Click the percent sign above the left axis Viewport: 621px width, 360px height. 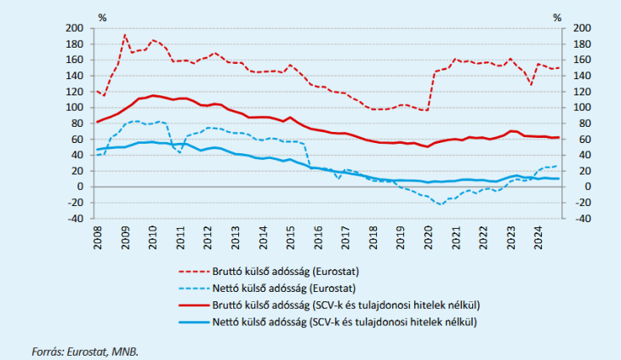coord(102,16)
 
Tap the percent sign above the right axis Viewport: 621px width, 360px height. coord(558,16)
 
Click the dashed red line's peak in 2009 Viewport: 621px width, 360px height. coord(125,35)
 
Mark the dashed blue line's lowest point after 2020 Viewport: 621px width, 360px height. coord(440,204)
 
